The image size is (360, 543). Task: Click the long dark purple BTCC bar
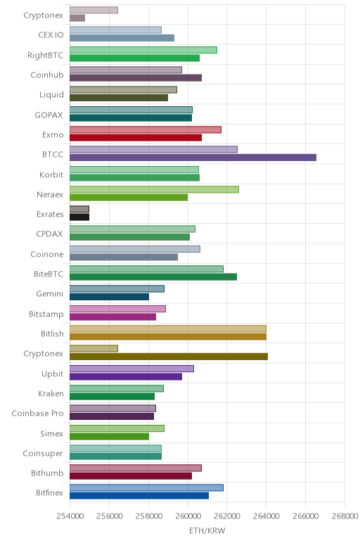coord(193,158)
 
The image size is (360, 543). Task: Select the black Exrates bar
coord(79,217)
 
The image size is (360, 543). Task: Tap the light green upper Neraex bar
coord(154,189)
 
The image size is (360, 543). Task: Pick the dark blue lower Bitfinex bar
coord(139,496)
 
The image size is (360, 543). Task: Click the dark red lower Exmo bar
coord(136,138)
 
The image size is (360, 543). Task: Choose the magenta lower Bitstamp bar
coord(112,317)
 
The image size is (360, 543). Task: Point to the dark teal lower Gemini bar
coord(110,297)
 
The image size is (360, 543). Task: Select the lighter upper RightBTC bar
coord(143,50)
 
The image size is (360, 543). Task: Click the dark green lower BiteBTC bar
coord(153,277)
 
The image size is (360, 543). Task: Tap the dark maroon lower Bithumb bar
coord(131,475)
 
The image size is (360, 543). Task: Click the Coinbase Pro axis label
coord(37,414)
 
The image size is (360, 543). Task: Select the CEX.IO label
coord(51,35)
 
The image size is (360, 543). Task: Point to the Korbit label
coord(51,174)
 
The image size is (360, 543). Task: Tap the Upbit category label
coord(52,374)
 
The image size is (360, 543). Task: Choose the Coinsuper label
coord(43,454)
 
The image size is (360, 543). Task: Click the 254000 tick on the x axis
coord(70,516)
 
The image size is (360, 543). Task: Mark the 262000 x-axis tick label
coord(227,516)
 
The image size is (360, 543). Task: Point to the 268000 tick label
coord(345,516)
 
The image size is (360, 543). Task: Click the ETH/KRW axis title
coord(207,531)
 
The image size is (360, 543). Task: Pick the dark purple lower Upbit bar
coord(126,376)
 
